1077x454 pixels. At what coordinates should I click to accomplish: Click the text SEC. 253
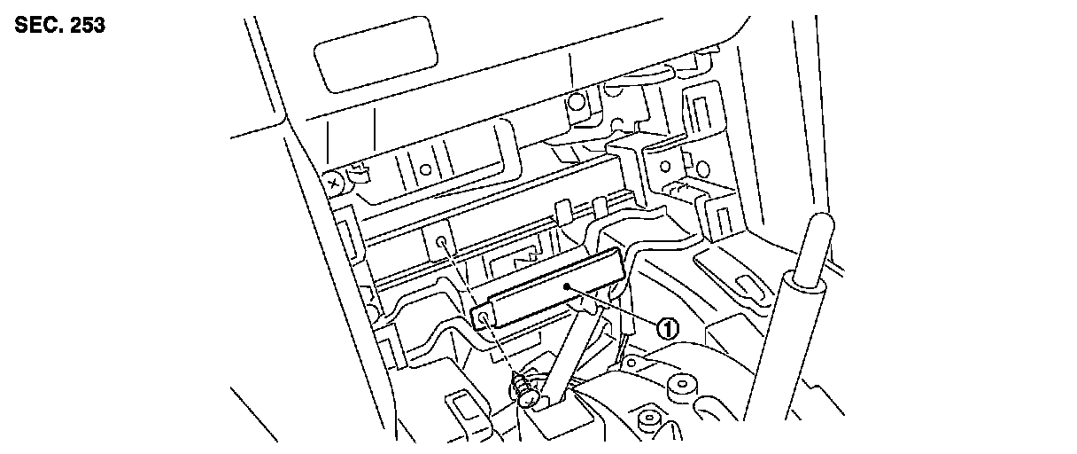pos(60,26)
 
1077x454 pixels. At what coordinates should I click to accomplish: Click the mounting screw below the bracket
pos(523,387)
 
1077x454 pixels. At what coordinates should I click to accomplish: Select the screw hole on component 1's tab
pos(484,316)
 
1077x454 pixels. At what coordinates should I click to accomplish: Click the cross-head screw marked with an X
pos(334,184)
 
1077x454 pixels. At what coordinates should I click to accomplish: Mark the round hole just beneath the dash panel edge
pos(576,102)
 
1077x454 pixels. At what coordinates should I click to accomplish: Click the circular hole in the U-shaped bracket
pos(425,168)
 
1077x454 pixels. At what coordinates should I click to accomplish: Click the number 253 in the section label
pos(87,26)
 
